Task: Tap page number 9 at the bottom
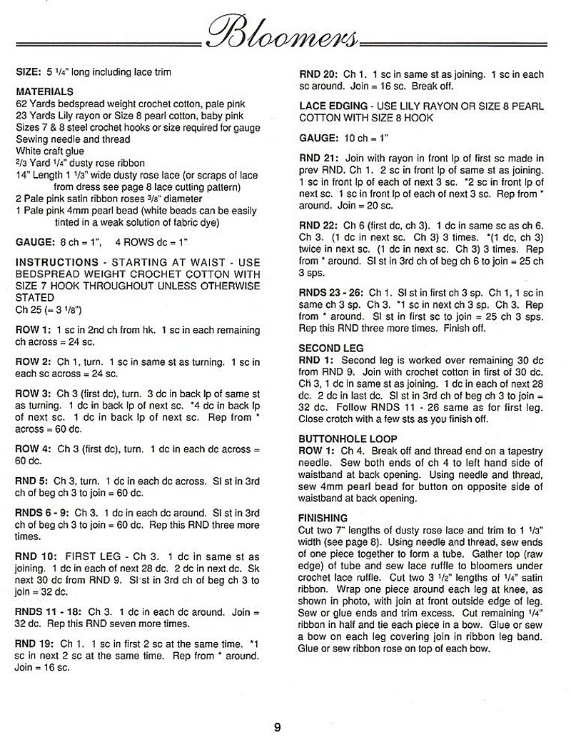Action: [x=277, y=727]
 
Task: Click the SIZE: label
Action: [x=28, y=72]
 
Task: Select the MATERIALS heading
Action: [x=44, y=92]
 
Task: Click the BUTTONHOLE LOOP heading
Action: [x=348, y=439]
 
